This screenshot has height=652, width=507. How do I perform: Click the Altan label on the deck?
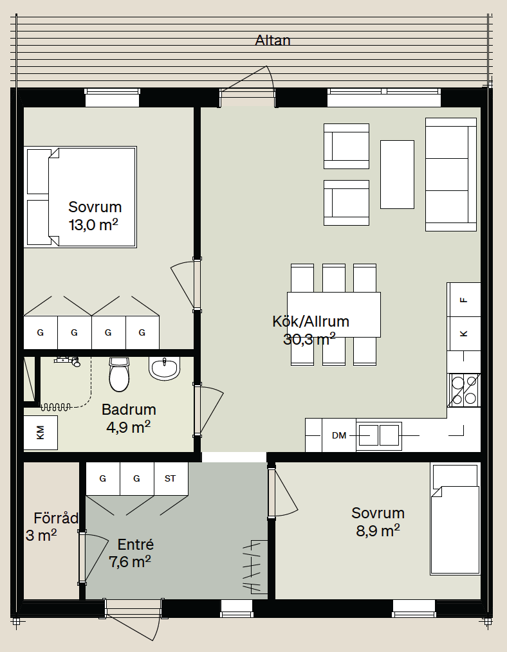(x=272, y=41)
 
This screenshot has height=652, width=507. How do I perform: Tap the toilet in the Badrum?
(x=120, y=375)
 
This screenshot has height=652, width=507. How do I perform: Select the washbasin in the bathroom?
(x=165, y=368)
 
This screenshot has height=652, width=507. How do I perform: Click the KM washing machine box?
(x=41, y=433)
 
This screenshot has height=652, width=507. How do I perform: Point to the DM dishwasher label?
(x=339, y=435)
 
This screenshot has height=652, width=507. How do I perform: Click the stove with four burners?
(x=464, y=390)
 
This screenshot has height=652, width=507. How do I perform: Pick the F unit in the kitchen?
(x=464, y=300)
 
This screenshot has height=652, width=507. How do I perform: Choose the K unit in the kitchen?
(x=464, y=334)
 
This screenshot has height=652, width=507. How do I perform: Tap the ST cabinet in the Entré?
(x=171, y=478)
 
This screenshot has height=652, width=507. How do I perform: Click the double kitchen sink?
(x=379, y=436)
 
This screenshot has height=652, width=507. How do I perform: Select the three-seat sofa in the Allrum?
(x=451, y=174)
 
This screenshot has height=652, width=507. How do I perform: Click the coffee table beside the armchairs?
(x=397, y=174)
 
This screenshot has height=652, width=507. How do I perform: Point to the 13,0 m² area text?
(x=93, y=225)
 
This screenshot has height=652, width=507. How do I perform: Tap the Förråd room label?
(x=56, y=518)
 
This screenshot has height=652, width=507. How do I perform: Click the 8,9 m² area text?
(x=378, y=531)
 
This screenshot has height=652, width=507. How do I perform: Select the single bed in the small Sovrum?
(x=455, y=520)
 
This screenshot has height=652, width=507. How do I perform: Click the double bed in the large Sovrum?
(x=80, y=197)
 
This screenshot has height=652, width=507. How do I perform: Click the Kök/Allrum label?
(x=311, y=321)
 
